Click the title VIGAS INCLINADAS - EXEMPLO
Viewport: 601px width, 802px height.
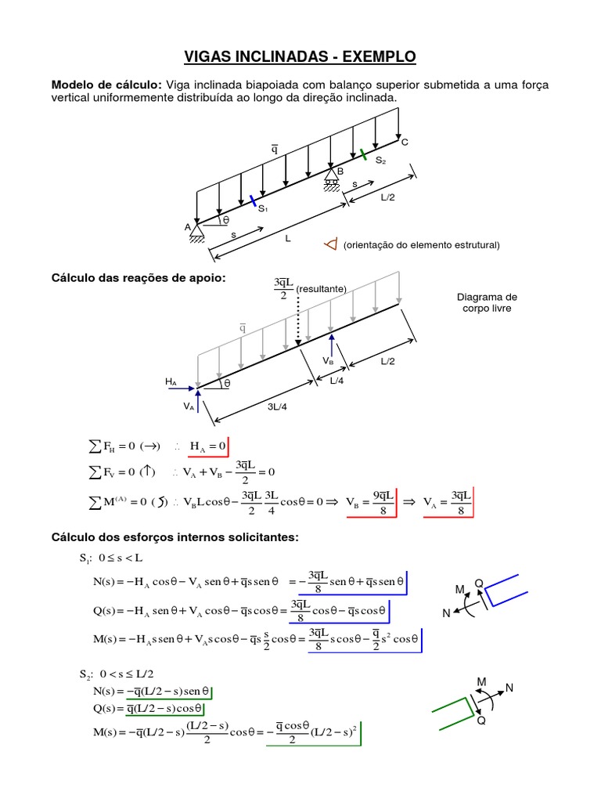pyautogui.click(x=300, y=56)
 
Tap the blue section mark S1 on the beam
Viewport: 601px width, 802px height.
pyautogui.click(x=253, y=201)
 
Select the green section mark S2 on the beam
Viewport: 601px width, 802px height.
pyautogui.click(x=363, y=154)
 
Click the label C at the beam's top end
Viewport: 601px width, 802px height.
pyautogui.click(x=405, y=143)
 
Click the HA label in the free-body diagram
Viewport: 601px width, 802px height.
pyautogui.click(x=171, y=381)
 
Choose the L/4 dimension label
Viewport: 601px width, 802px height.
pyautogui.click(x=336, y=381)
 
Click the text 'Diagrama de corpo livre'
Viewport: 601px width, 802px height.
pyautogui.click(x=487, y=303)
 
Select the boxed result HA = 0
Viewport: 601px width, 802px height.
pyautogui.click(x=207, y=446)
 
